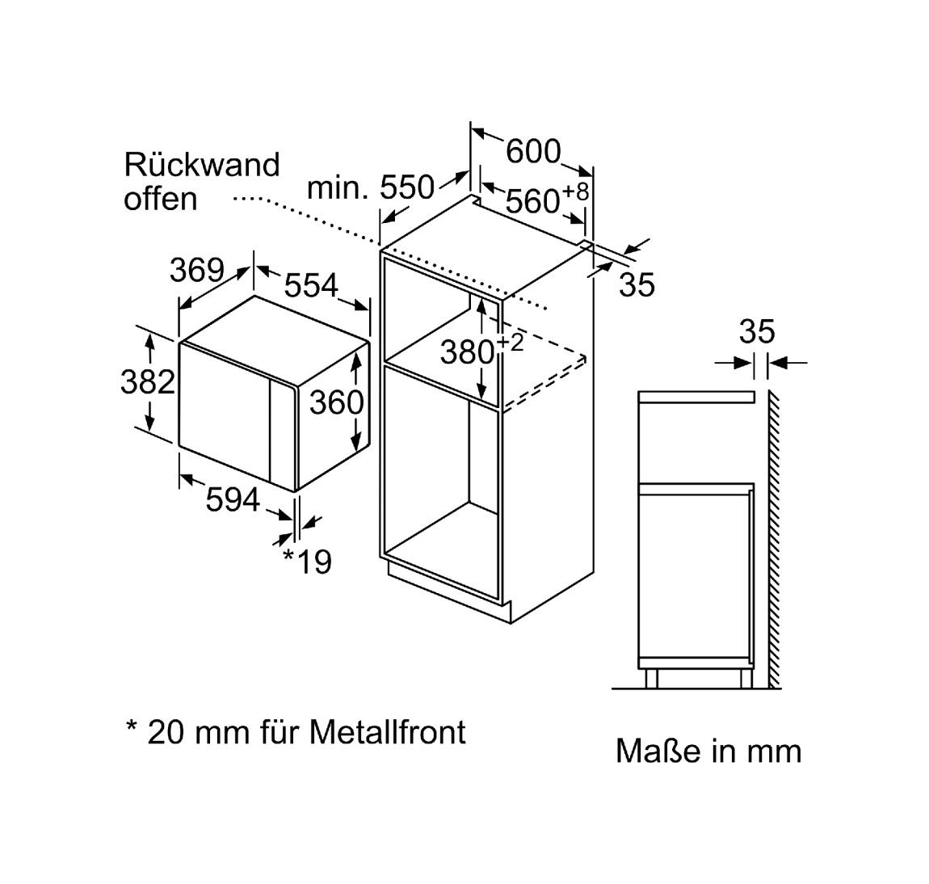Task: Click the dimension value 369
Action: point(196,270)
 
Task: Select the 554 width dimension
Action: point(311,285)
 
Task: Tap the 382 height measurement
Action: point(148,381)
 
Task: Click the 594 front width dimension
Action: point(233,500)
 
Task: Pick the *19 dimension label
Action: point(307,561)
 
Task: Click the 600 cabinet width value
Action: point(533,150)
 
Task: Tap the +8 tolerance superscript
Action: point(575,192)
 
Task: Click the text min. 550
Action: point(371,188)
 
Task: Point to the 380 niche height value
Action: point(467,352)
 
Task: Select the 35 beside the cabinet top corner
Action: point(637,284)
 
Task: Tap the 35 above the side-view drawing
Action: point(757,331)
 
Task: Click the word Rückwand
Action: point(201,164)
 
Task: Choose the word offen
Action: point(160,199)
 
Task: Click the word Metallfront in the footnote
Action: point(389,732)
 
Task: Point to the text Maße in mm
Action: point(708,751)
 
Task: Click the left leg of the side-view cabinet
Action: point(652,677)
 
